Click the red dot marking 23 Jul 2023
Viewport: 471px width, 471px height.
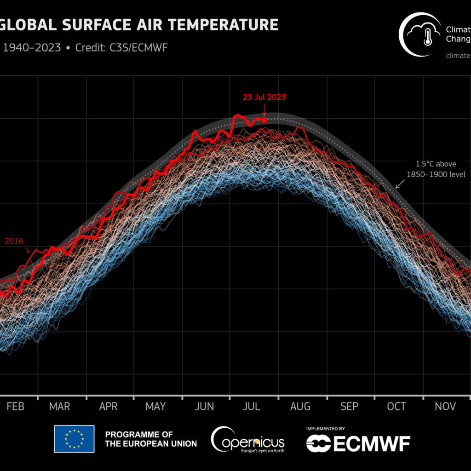click(x=264, y=120)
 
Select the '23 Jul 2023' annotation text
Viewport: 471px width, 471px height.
click(x=264, y=97)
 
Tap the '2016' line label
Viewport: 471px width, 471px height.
click(x=14, y=241)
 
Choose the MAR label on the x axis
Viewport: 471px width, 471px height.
click(x=59, y=406)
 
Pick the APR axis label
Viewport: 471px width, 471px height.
click(x=109, y=406)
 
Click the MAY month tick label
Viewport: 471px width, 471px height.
click(x=155, y=406)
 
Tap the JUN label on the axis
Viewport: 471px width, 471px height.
click(x=204, y=406)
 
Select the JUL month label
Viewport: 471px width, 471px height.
click(x=252, y=406)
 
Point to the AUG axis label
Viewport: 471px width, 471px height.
click(x=300, y=406)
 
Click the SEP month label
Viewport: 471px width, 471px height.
click(x=349, y=406)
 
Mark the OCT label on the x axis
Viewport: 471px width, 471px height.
click(x=396, y=406)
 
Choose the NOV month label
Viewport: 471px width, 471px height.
click(x=445, y=406)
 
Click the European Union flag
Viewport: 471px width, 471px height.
click(x=74, y=439)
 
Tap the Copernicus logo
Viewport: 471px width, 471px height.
click(x=247, y=440)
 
